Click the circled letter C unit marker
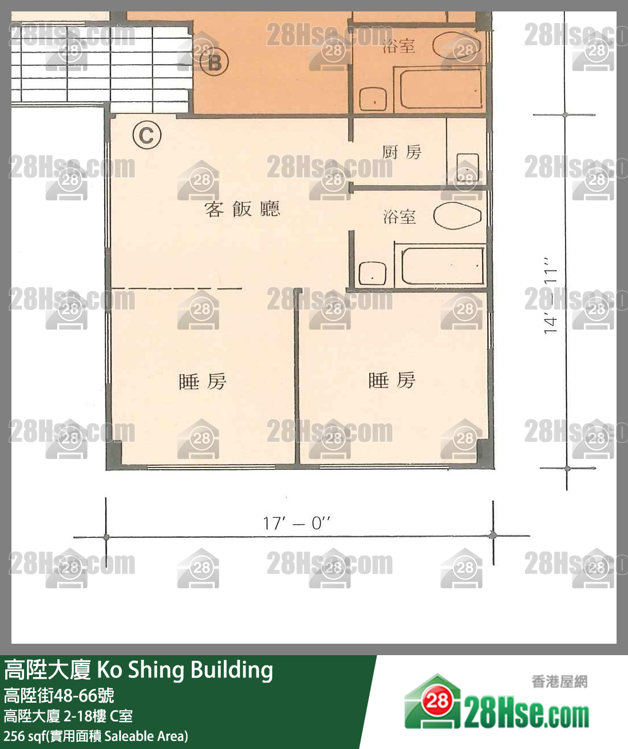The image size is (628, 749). coord(147,135)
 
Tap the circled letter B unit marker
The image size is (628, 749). coord(215,62)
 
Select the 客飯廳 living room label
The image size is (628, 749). coord(242,209)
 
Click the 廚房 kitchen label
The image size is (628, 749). coord(401,152)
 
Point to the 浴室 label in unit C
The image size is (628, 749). coord(400,217)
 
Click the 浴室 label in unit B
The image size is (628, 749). coord(399,46)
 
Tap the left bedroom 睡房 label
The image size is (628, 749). coord(203,381)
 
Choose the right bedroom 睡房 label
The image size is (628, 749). coord(392,381)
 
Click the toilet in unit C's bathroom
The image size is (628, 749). coord(457,215)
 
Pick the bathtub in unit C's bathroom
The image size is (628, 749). coord(443,266)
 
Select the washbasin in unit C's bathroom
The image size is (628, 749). coord(373,274)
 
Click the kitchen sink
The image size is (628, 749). coord(468,167)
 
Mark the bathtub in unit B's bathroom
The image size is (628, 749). coord(441,89)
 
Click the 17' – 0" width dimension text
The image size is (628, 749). coord(297,524)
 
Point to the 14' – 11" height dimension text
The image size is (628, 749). coord(551,295)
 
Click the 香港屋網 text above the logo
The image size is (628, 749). coord(559,681)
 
